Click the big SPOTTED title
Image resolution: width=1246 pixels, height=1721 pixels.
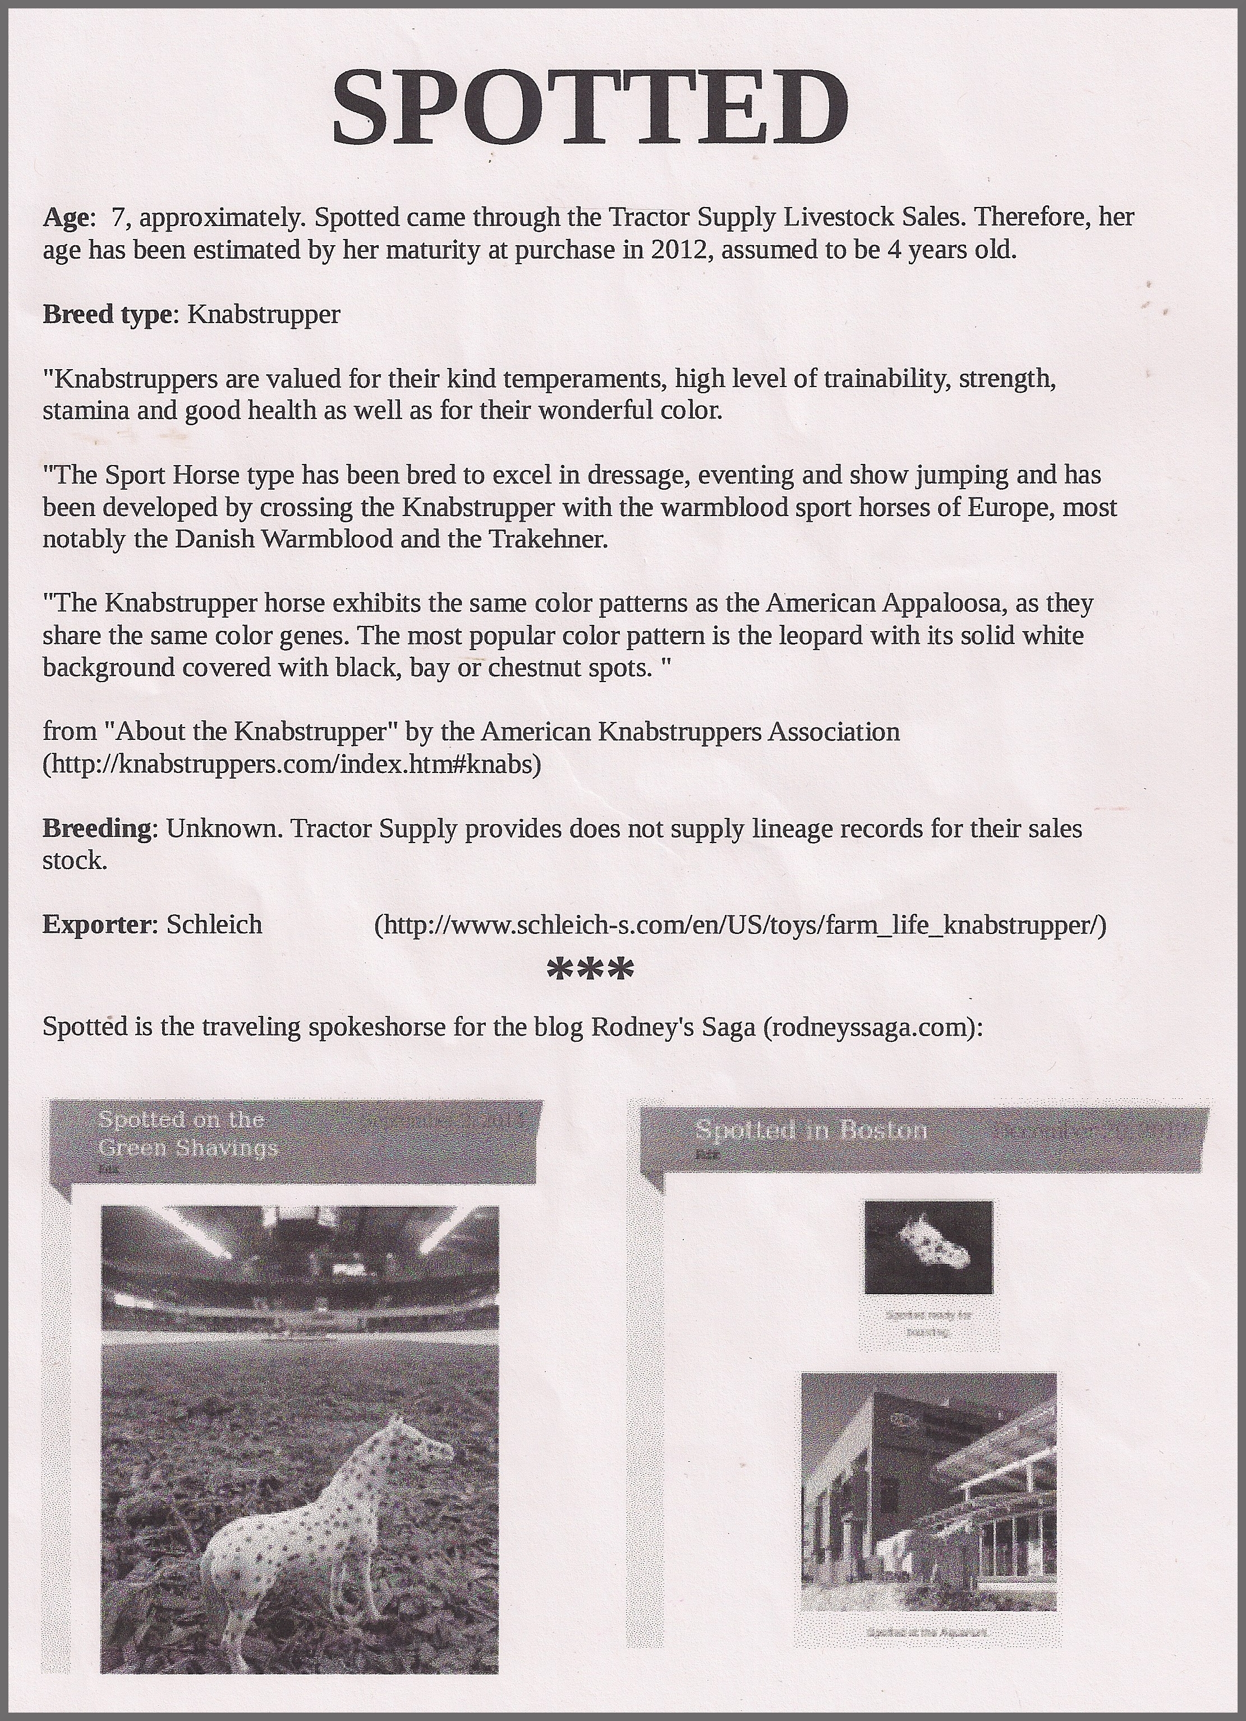590,108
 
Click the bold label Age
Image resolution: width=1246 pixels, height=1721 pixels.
65,218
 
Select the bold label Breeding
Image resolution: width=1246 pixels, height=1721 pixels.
97,828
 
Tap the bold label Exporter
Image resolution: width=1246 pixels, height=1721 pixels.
97,924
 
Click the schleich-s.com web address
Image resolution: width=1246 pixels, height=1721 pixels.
740,925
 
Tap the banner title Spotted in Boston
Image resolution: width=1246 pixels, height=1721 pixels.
811,1131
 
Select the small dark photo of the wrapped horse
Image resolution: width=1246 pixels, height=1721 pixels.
928,1247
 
